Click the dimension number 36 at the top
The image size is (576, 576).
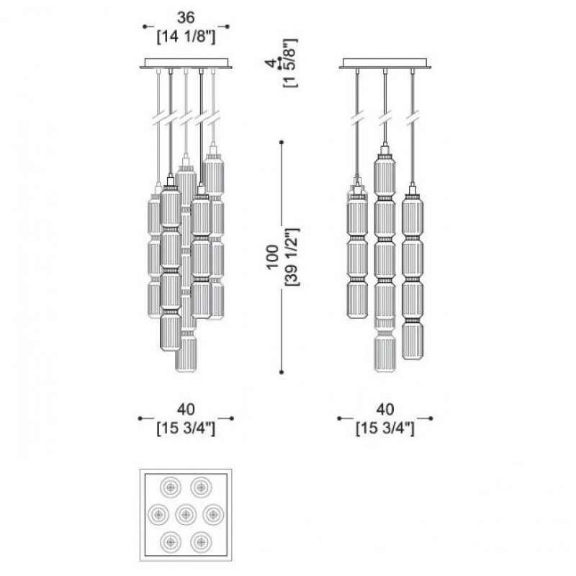coord(186,17)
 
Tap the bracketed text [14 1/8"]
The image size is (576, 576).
coord(186,37)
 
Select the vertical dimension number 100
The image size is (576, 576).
coord(272,257)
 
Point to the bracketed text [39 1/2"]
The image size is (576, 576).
coord(293,257)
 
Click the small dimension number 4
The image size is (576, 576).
coord(271,63)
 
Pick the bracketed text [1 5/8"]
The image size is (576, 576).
coord(290,63)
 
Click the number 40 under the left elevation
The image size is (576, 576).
coord(186,409)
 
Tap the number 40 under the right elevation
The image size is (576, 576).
coord(384,409)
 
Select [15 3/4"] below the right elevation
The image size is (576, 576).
coord(385,428)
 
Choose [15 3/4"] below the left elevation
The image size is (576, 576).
coord(186,428)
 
